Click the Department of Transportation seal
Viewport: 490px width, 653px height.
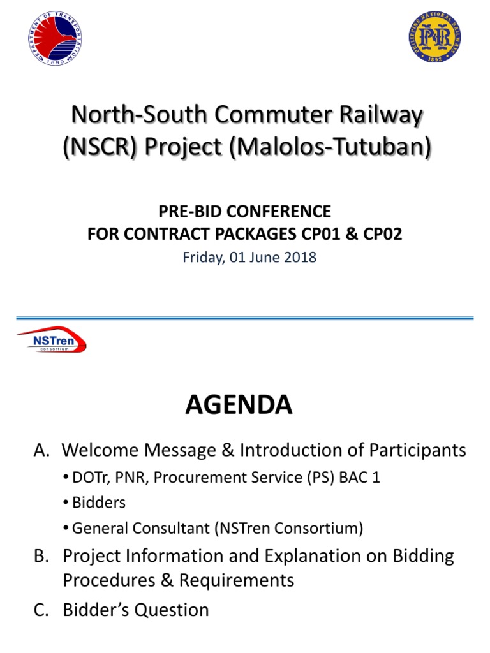(x=56, y=39)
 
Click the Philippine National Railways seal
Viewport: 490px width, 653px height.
(x=434, y=36)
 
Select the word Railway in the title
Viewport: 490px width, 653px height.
(x=387, y=117)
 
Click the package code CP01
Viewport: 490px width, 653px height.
(x=327, y=234)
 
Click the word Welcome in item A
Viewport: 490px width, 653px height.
(x=104, y=451)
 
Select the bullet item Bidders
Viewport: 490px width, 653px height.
(x=99, y=502)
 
